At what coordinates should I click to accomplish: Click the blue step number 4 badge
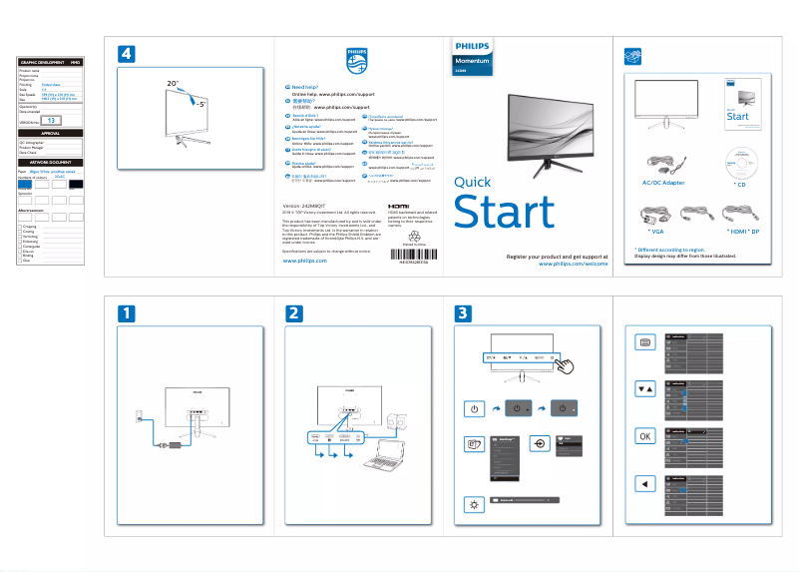pyautogui.click(x=128, y=53)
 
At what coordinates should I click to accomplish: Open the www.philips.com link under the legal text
pyautogui.click(x=305, y=260)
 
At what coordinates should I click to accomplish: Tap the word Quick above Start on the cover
pyautogui.click(x=472, y=182)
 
